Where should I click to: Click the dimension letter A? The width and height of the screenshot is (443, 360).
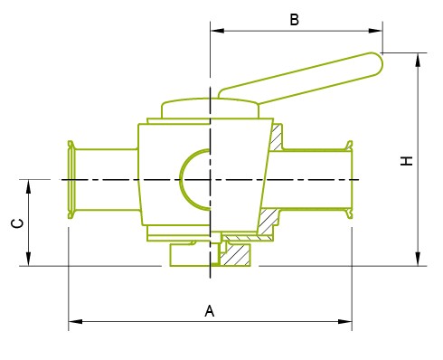pos(210,311)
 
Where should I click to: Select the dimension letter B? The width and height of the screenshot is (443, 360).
pos(294,20)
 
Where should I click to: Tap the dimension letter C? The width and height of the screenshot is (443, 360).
pos(17,223)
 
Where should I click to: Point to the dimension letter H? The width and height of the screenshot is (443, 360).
pos(406,161)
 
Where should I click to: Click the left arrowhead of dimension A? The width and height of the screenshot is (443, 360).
pos(75,321)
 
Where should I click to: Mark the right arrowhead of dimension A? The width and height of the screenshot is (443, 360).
pos(345,321)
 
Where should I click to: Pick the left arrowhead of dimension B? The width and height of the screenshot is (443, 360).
pos(217,31)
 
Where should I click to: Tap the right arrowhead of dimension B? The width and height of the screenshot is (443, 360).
pos(376,31)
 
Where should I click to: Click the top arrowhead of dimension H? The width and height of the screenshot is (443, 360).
pos(418,60)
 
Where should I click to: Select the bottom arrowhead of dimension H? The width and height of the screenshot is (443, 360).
pos(418,259)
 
